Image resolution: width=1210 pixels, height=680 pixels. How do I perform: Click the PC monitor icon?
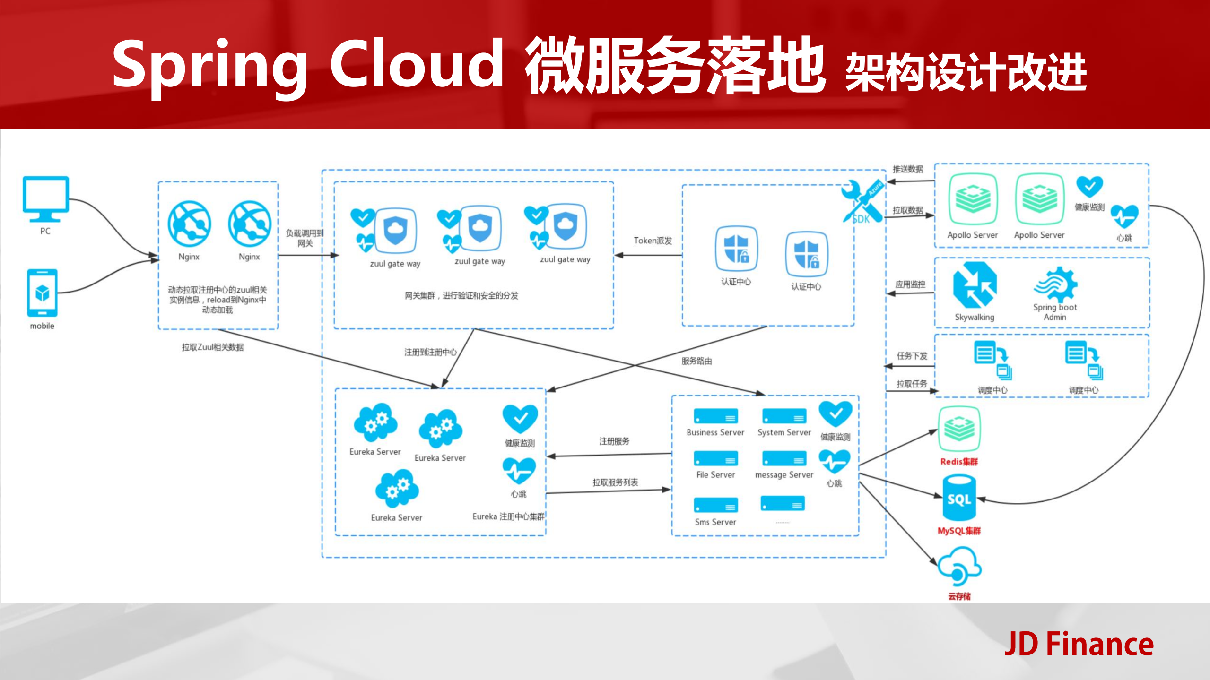pos(45,198)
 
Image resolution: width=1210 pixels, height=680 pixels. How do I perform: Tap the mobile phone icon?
pos(42,293)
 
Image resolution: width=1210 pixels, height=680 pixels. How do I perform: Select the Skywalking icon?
pos(975,285)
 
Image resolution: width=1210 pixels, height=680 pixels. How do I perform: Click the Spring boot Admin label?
pos(1055,312)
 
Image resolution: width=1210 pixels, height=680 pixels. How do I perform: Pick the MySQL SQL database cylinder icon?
pos(959,499)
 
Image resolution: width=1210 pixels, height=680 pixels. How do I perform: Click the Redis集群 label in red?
pos(959,462)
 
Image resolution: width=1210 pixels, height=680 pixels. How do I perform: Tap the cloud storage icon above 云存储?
pos(959,567)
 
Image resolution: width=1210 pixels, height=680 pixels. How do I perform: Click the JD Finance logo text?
pos(1079,644)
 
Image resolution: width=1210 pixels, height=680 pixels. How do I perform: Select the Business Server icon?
pos(715,416)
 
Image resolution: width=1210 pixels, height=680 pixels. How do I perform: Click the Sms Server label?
pos(715,522)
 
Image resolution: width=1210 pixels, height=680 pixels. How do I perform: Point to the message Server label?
pos(784,475)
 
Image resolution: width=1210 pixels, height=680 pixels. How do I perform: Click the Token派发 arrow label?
pos(653,241)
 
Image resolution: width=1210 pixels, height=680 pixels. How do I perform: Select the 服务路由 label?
pos(696,361)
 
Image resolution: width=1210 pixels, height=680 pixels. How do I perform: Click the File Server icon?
pos(715,458)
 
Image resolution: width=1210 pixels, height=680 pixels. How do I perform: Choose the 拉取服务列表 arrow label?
pos(615,482)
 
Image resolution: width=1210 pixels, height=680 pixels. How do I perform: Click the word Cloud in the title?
pos(416,64)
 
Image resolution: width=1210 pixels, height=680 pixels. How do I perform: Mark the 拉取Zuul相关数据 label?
pos(212,347)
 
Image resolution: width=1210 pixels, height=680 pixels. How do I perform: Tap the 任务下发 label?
pos(912,356)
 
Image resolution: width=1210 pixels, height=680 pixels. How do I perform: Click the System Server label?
pos(784,432)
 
